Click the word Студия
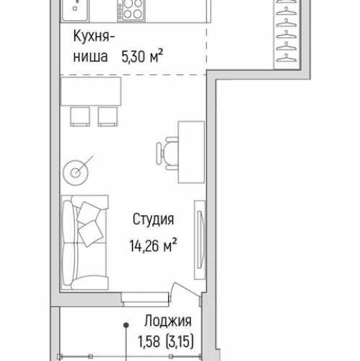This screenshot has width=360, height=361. (x=153, y=219)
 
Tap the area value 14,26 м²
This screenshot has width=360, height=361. (x=154, y=245)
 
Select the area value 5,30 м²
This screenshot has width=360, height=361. (x=142, y=56)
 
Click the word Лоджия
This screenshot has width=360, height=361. (x=168, y=321)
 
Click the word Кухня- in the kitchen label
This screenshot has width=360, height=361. (x=94, y=36)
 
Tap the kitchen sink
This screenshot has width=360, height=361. (x=75, y=10)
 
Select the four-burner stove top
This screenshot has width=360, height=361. (x=131, y=10)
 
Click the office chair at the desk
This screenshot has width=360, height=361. (x=167, y=154)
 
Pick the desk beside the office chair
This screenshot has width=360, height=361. (x=191, y=152)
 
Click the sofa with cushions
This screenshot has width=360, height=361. (x=84, y=243)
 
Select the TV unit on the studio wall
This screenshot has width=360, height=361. (x=200, y=240)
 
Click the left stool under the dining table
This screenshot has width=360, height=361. (x=80, y=117)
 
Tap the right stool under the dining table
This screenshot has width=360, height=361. (x=107, y=117)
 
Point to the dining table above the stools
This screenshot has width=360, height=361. (x=91, y=91)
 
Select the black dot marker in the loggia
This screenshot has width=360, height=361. (x=126, y=326)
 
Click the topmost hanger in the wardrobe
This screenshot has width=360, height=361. (x=286, y=1)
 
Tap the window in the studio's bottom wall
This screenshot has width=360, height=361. (x=146, y=300)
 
